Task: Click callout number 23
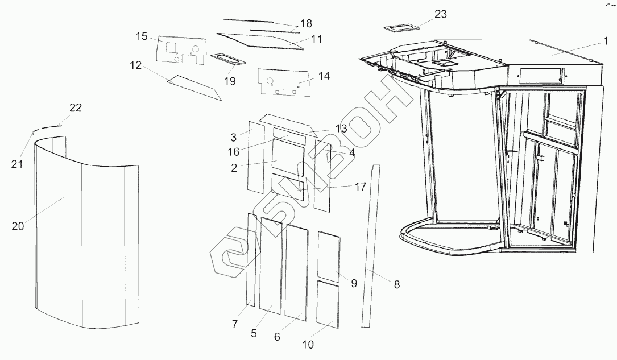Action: pyautogui.click(x=441, y=14)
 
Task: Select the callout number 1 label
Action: pyautogui.click(x=607, y=41)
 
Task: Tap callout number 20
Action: pyautogui.click(x=18, y=226)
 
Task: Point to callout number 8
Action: pyautogui.click(x=396, y=284)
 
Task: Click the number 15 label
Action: pyautogui.click(x=142, y=37)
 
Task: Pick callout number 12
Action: pyautogui.click(x=135, y=65)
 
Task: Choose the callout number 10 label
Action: pyautogui.click(x=308, y=345)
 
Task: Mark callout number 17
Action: pyautogui.click(x=361, y=186)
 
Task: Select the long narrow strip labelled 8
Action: pyautogui.click(x=370, y=245)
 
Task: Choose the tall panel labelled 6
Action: pyautogui.click(x=296, y=271)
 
